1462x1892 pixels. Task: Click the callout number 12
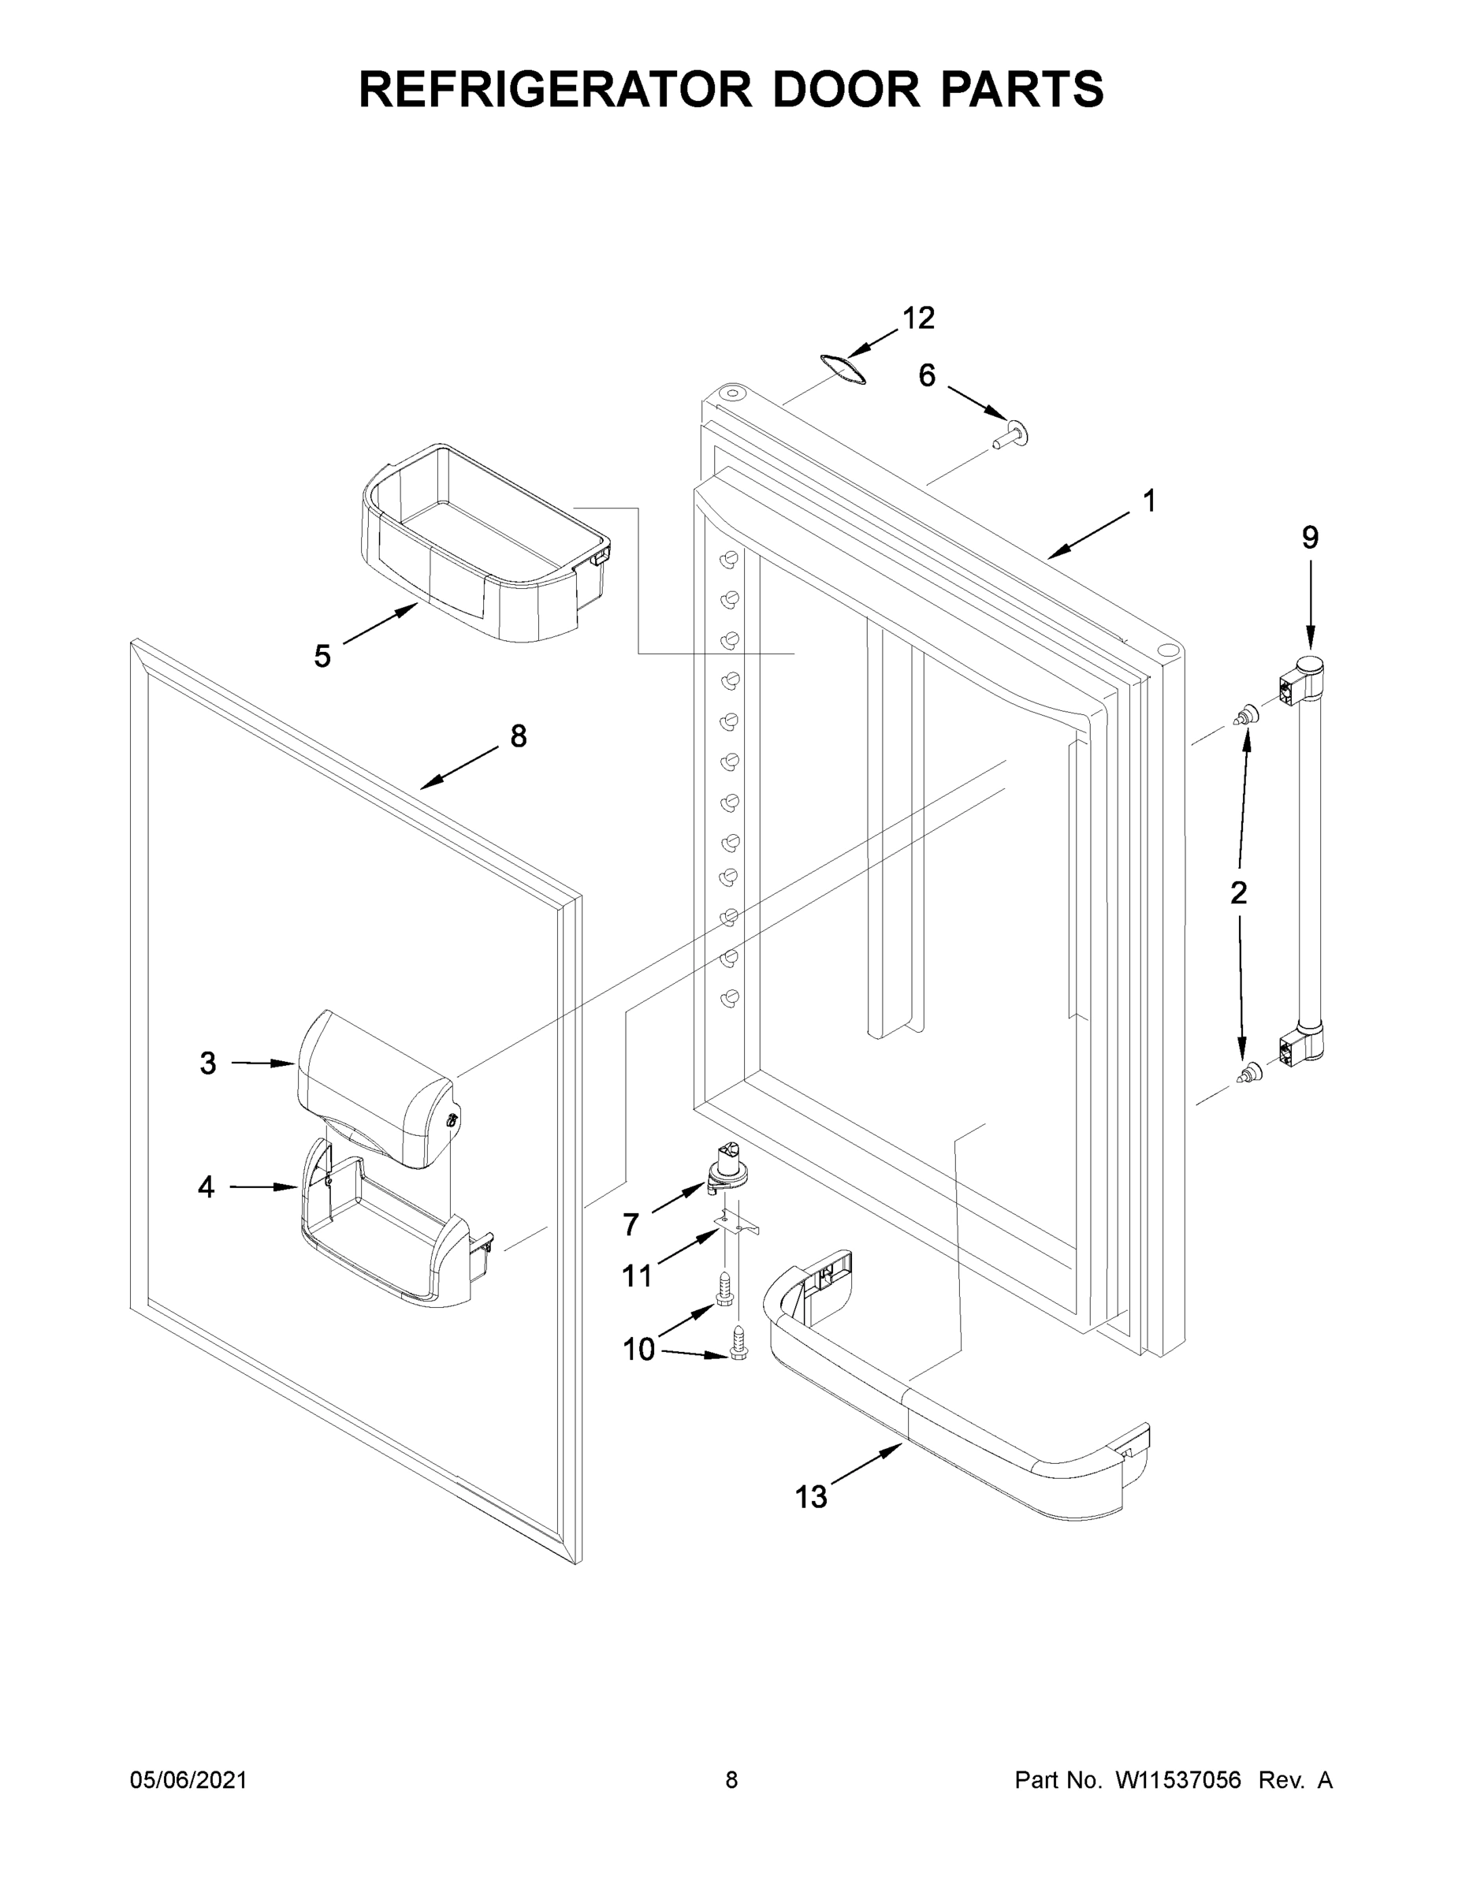coord(918,318)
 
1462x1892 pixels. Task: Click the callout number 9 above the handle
coord(1310,538)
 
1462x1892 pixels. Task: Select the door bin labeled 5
coord(485,546)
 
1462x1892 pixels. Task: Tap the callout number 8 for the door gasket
coord(518,736)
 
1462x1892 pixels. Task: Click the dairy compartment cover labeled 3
coord(377,1087)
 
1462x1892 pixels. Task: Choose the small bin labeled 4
coord(390,1230)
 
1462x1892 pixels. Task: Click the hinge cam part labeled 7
coord(726,1167)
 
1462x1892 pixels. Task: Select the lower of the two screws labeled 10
coord(738,1343)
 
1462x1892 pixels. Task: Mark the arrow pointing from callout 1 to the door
coord(1089,534)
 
